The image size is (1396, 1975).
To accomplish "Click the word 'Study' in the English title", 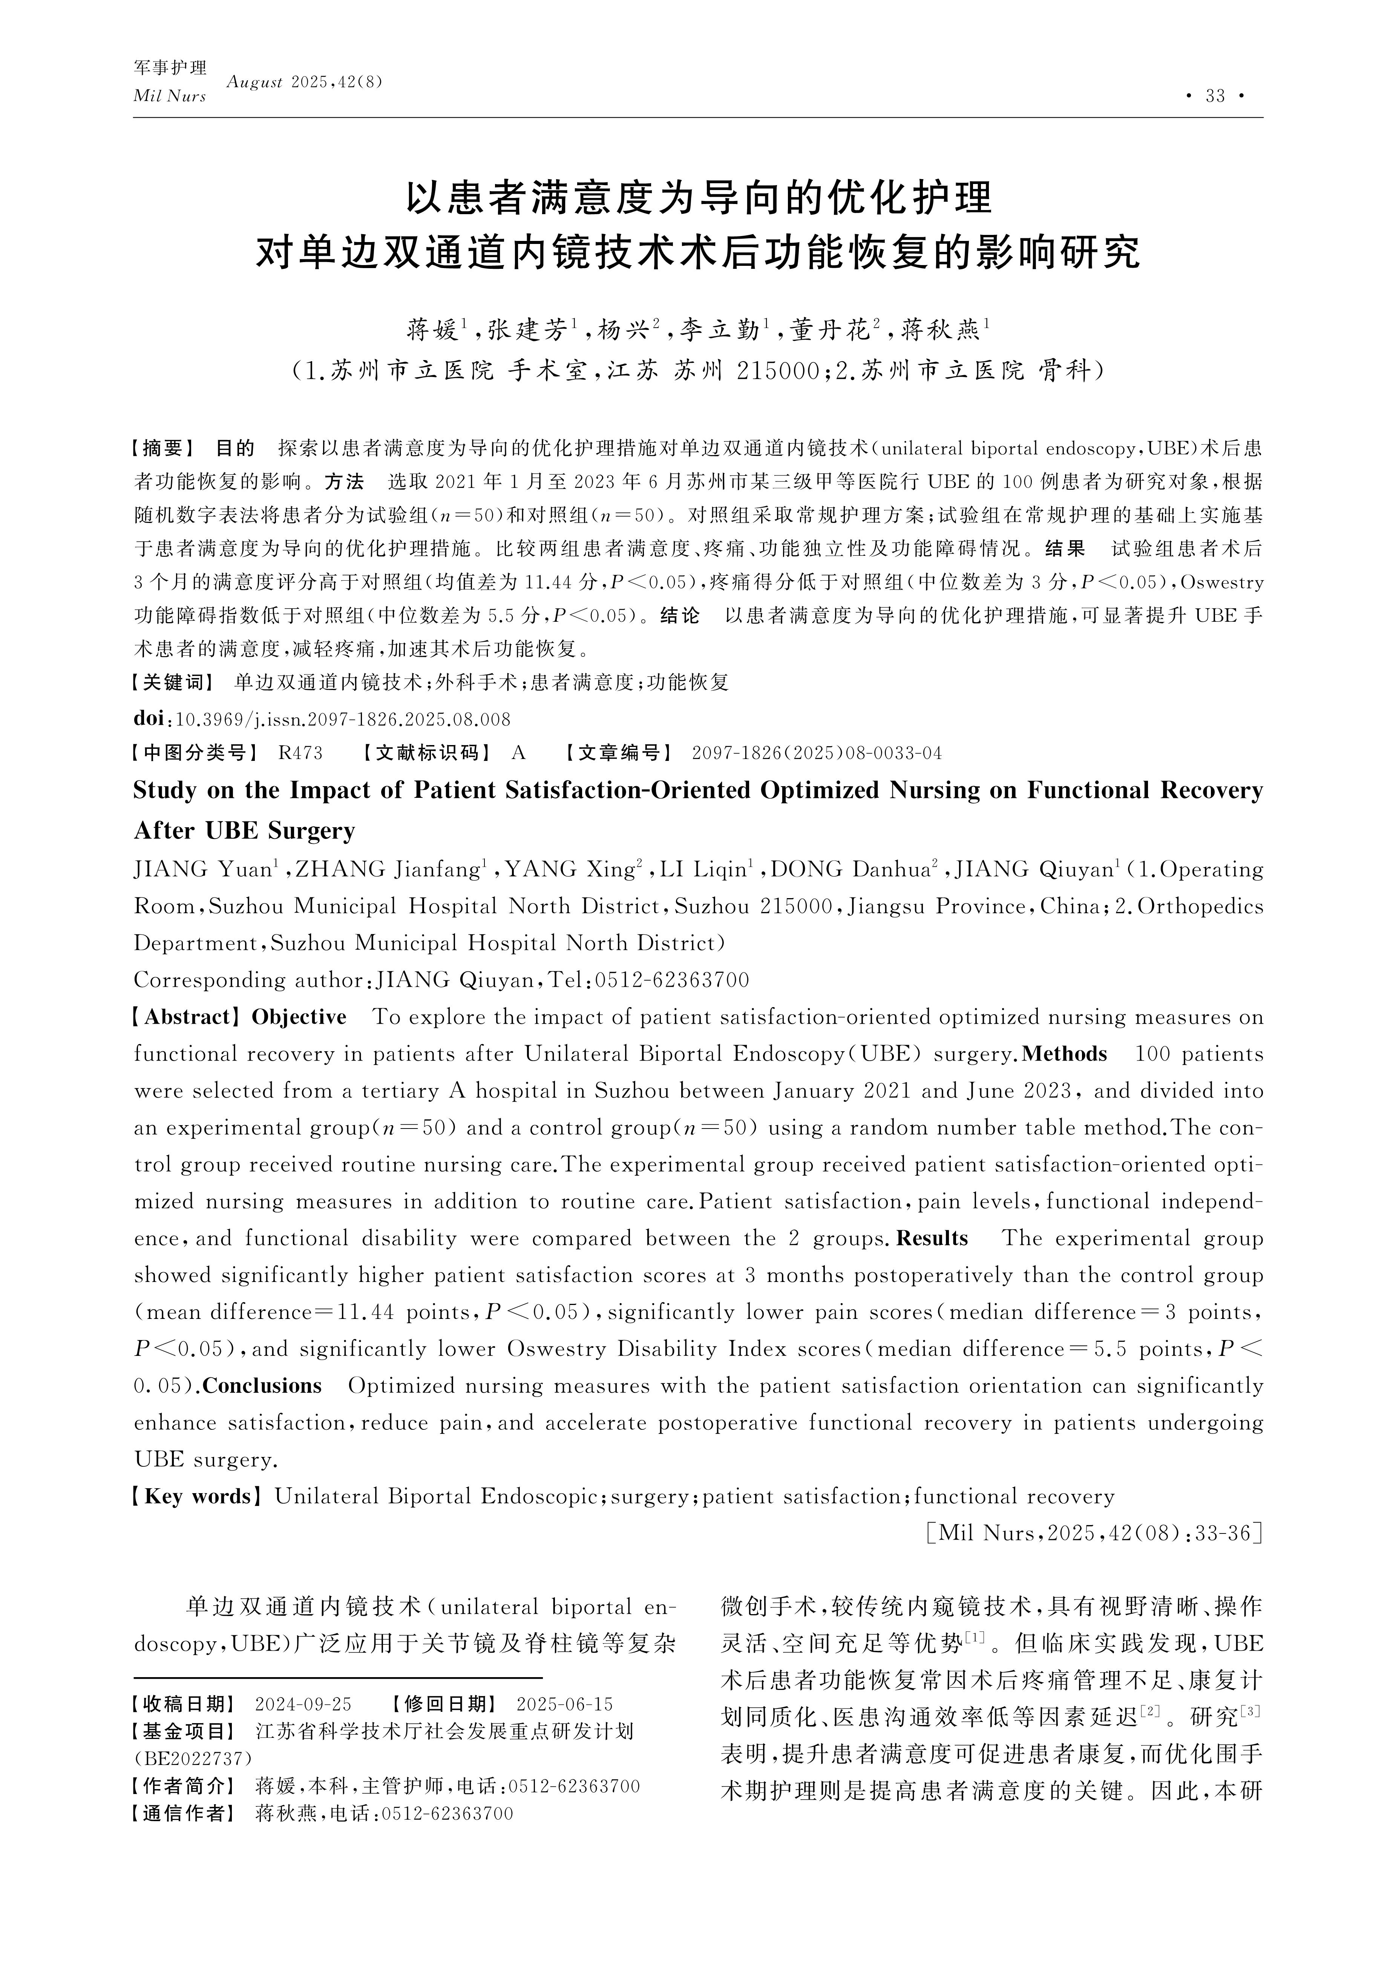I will coord(165,791).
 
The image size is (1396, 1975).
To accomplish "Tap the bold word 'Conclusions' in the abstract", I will coord(262,1387).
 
